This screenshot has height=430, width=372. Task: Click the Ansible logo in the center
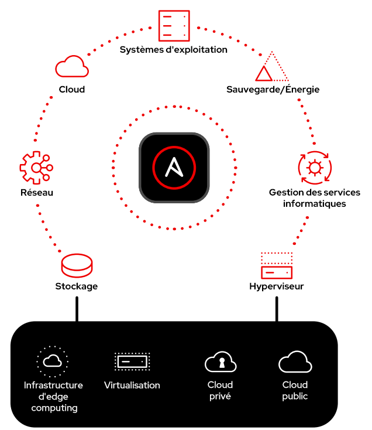174,167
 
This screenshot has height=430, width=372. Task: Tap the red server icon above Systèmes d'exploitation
174,26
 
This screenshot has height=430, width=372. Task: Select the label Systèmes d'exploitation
174,50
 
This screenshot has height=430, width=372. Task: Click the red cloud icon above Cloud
72,67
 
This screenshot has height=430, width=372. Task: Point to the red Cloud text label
72,90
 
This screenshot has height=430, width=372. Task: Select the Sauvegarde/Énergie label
273,90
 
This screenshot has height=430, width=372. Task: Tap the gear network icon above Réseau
36,168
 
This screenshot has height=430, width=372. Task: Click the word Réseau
36,193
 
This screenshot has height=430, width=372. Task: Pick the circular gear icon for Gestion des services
315,168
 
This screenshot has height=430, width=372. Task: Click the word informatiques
315,204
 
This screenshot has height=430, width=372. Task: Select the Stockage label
77,286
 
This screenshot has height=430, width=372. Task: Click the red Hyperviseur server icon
276,266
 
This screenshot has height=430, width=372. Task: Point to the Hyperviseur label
276,286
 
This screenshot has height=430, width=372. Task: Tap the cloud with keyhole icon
221,363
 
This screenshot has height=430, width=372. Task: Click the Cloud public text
295,390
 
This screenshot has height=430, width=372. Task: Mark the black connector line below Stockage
76,309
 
